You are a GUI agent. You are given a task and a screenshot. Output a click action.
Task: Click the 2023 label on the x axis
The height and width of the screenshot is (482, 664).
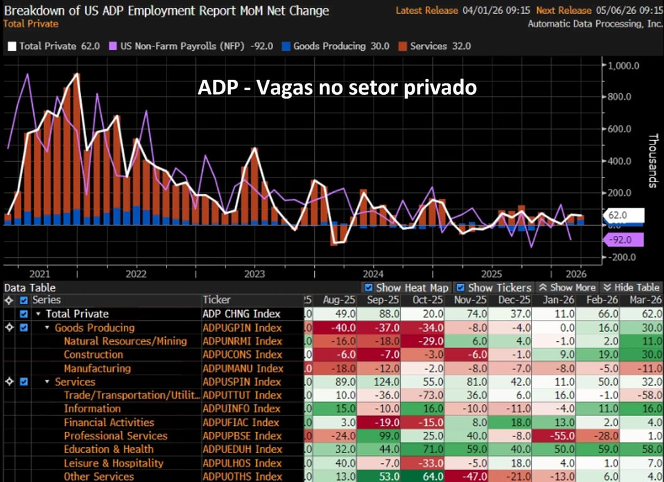point(254,274)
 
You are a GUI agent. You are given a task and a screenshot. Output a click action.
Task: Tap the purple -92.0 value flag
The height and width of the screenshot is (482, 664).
point(623,239)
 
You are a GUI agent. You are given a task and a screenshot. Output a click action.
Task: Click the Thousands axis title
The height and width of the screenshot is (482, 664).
point(653,161)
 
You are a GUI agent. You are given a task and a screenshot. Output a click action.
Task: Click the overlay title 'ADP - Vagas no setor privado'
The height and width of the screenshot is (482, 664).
point(337,88)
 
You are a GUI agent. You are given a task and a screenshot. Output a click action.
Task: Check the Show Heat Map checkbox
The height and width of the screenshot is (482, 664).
point(369,287)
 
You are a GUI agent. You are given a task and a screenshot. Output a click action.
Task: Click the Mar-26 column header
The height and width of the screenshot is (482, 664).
point(641,300)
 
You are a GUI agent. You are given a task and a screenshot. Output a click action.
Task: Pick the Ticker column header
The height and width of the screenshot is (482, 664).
point(217,300)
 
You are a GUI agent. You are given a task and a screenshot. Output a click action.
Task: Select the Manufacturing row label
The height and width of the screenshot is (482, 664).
point(97,368)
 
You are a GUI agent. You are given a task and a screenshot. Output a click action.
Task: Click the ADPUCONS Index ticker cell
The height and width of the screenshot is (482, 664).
point(242,355)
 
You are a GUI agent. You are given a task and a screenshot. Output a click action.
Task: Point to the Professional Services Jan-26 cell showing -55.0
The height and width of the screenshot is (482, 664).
point(554,436)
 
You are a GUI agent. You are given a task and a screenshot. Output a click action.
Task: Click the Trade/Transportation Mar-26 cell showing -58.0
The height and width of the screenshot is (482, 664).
point(641,395)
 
